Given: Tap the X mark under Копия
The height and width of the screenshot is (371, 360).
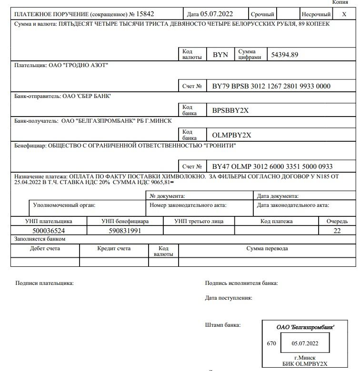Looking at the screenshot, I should pyautogui.click(x=344, y=14).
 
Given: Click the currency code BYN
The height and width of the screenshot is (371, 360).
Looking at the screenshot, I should pyautogui.click(x=220, y=55).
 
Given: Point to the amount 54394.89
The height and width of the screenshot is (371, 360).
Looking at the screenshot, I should pyautogui.click(x=285, y=55).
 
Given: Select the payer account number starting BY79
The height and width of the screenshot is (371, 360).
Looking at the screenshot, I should pyautogui.click(x=271, y=86).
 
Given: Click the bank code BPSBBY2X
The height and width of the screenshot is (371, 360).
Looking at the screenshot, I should pyautogui.click(x=230, y=111).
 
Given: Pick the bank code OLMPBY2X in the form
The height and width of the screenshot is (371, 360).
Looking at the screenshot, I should pyautogui.click(x=231, y=135).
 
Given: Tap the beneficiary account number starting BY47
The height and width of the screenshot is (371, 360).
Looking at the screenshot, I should pyautogui.click(x=272, y=166).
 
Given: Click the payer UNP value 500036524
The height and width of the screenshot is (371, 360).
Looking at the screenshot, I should pyautogui.click(x=49, y=231).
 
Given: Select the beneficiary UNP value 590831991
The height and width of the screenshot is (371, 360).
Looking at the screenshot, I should pyautogui.click(x=125, y=231).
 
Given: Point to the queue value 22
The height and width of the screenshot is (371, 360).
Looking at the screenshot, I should pyautogui.click(x=337, y=231).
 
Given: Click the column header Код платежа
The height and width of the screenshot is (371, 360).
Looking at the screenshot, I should pyautogui.click(x=277, y=221).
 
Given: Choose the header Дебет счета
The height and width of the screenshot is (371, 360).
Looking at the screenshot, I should pyautogui.click(x=45, y=248).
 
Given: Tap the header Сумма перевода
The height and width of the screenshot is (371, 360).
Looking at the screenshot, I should pyautogui.click(x=267, y=248).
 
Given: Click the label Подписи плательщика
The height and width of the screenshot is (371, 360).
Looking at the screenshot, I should pyautogui.click(x=45, y=283).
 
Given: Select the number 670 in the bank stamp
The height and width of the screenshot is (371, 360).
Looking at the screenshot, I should pyautogui.click(x=271, y=343).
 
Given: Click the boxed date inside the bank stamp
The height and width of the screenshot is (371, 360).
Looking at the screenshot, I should pyautogui.click(x=305, y=343).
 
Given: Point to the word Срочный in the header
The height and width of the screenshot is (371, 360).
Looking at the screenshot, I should pyautogui.click(x=262, y=14).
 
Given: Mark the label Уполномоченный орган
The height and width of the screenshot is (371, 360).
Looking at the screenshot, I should pyautogui.click(x=64, y=205).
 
